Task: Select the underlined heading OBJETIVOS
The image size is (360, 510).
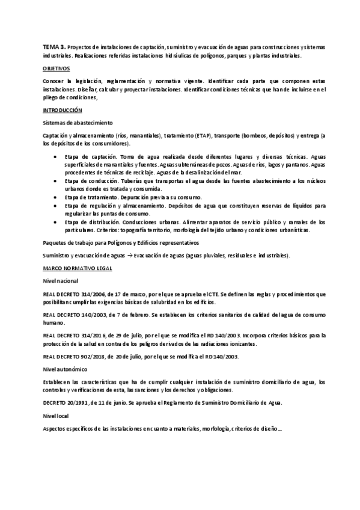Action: pos(56,69)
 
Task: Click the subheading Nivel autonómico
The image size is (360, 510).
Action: pos(65,369)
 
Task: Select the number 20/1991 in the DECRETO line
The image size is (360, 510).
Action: pos(81,402)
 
